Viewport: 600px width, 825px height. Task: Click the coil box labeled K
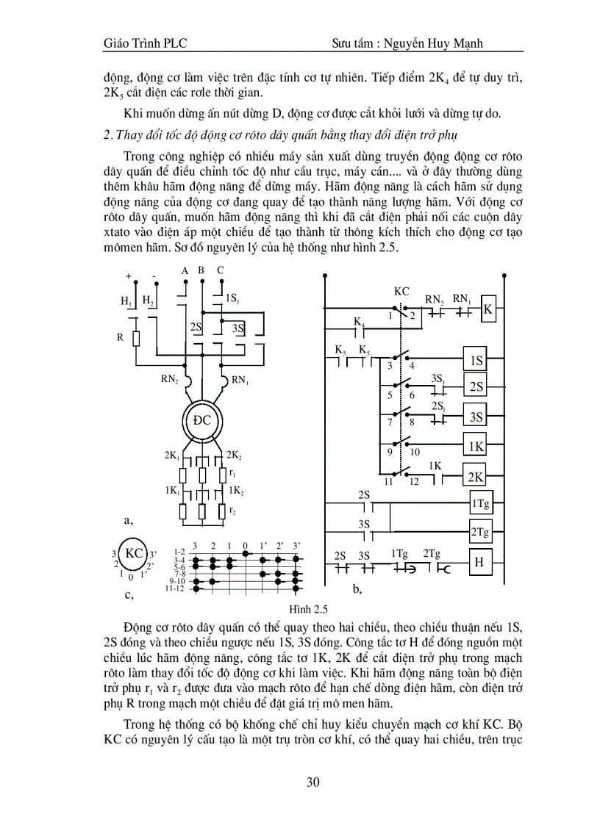click(x=488, y=311)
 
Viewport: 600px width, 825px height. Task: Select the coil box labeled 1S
click(x=476, y=361)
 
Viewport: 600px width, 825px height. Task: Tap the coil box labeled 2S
click(x=476, y=387)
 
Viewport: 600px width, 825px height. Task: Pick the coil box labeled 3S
click(x=476, y=417)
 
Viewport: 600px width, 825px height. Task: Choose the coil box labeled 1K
click(x=476, y=446)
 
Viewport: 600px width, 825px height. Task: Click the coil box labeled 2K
click(x=476, y=476)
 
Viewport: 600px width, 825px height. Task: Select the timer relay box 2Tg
click(x=480, y=531)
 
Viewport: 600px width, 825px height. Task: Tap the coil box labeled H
click(x=479, y=563)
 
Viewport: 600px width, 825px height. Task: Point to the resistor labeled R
click(x=136, y=338)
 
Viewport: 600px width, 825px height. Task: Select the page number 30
click(x=312, y=782)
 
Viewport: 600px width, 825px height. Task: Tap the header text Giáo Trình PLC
click(x=145, y=43)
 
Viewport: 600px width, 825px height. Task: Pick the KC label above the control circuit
click(x=401, y=291)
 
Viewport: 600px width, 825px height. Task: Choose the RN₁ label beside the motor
click(x=240, y=380)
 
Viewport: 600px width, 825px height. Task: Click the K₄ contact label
click(x=359, y=322)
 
